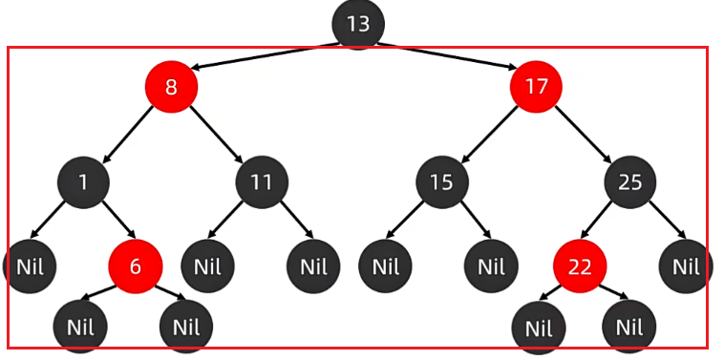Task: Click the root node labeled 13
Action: pos(358,24)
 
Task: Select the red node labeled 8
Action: pos(171,87)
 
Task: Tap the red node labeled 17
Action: pos(536,87)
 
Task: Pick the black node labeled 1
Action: pos(83,181)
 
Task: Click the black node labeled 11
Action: pos(262,181)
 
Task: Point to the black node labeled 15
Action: pos(441,181)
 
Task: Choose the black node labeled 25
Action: pos(629,181)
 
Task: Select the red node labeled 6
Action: pos(135,265)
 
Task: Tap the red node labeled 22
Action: pos(580,265)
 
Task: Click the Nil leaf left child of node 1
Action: pos(28,265)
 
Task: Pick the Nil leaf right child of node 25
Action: pos(686,265)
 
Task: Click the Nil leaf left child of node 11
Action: pos(207,265)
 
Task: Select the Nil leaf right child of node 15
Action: pos(491,265)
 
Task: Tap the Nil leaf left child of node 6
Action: pos(80,327)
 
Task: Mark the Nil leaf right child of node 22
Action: pos(629,327)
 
